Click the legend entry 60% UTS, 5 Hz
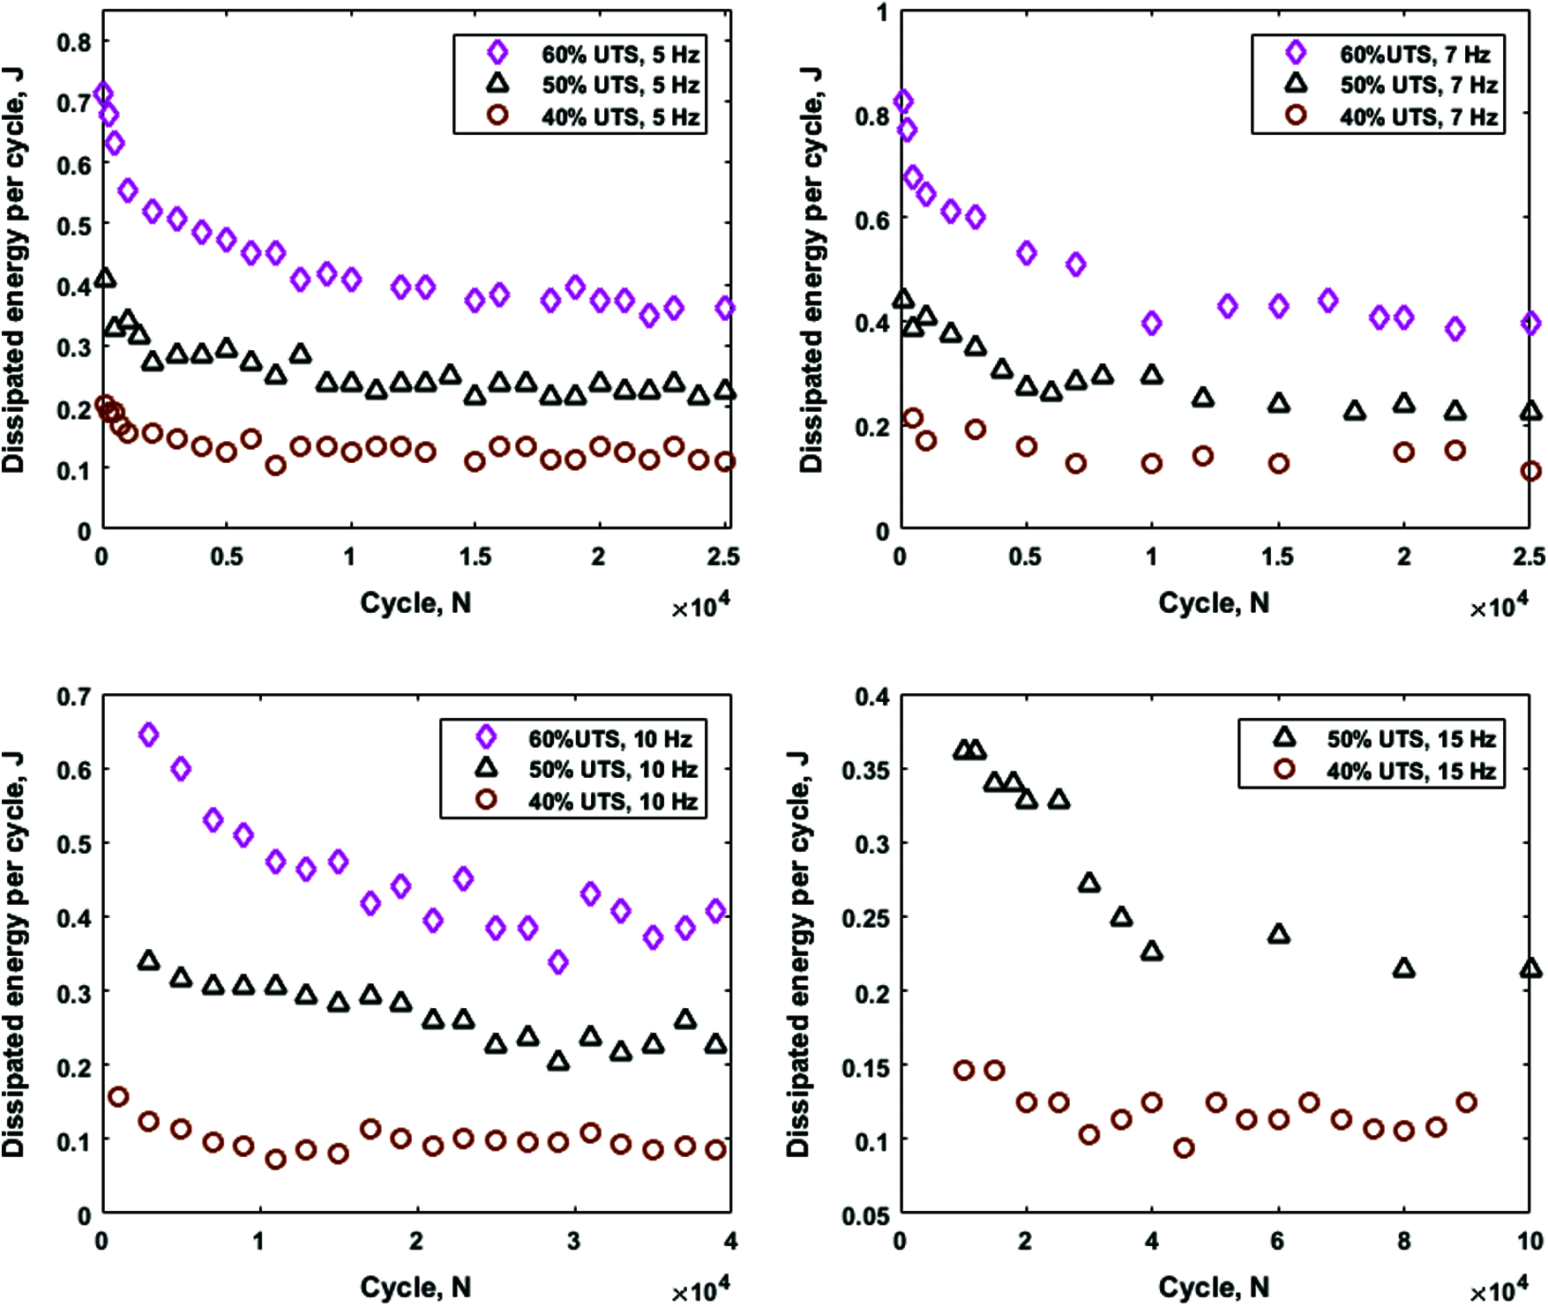point(620,55)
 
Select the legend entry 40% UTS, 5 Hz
point(620,116)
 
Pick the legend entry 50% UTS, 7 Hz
point(1418,86)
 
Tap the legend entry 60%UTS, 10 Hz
point(609,739)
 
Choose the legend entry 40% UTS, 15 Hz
point(1411,771)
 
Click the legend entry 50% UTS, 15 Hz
point(1411,739)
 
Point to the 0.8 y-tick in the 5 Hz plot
point(73,42)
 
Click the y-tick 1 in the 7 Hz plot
point(881,13)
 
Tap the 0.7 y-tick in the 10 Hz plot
point(73,697)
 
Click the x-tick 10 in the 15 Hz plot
point(1530,1242)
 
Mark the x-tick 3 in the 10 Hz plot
point(574,1242)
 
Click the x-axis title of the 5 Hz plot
point(415,603)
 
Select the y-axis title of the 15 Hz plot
point(798,954)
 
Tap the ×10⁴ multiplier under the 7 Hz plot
point(1499,606)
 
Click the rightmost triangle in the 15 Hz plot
point(1530,968)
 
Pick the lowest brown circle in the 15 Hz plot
point(1184,1148)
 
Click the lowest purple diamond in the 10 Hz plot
point(557,962)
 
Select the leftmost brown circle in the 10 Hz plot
point(117,1097)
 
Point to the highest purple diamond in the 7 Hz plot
point(903,101)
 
